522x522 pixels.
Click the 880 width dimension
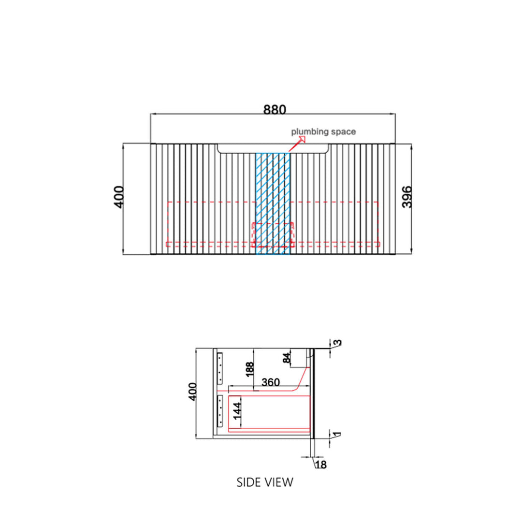tap(275, 110)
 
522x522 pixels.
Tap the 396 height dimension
tap(407, 197)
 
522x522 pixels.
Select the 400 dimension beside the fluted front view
tap(119, 197)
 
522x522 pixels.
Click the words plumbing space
tap(323, 132)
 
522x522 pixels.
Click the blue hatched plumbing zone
tap(273, 203)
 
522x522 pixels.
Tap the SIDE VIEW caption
tap(265, 482)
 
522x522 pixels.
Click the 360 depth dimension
tap(270, 382)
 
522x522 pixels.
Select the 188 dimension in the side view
tap(250, 370)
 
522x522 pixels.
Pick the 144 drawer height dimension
tap(237, 411)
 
